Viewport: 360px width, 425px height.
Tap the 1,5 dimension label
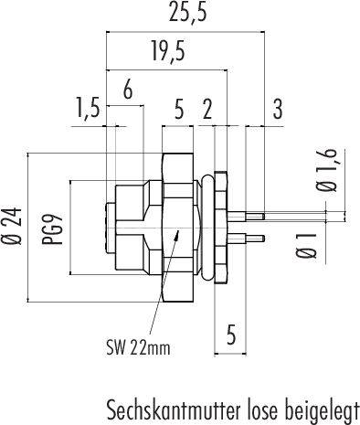point(88,112)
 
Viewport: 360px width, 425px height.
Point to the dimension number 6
point(128,90)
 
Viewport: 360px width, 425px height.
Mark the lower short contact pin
point(251,240)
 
